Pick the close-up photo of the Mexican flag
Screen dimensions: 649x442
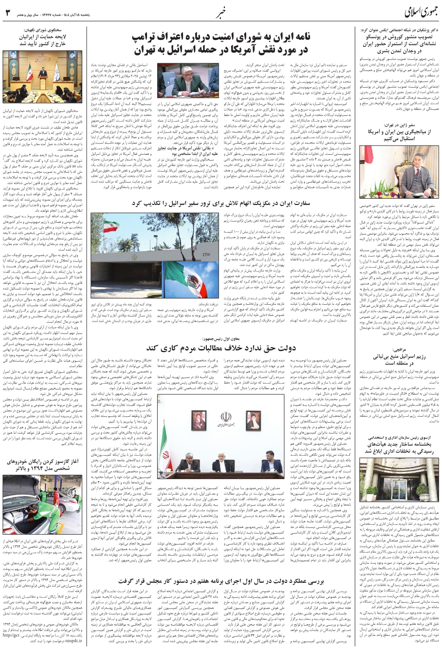click(187, 278)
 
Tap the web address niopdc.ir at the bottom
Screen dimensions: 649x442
click(69, 642)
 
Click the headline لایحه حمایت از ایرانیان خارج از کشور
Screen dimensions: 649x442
click(43, 39)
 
